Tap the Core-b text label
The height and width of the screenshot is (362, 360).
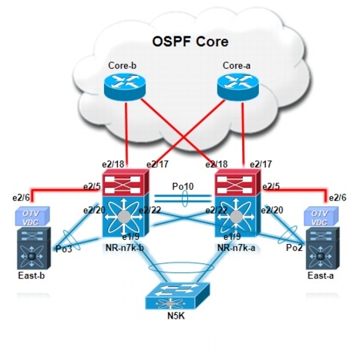pyautogui.click(x=123, y=67)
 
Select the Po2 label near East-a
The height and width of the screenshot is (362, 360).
pyautogui.click(x=294, y=249)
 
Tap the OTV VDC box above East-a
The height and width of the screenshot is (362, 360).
pyautogui.click(x=321, y=216)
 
